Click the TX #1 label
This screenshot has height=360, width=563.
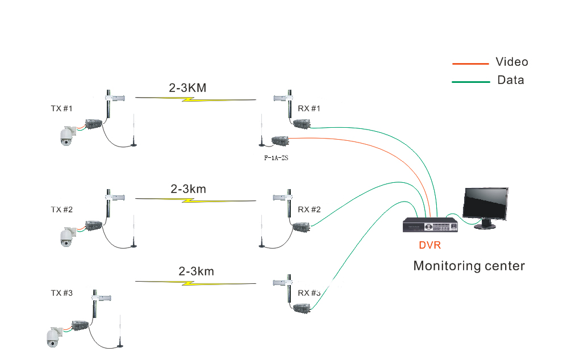pos(61,108)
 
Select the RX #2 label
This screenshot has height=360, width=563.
pos(309,210)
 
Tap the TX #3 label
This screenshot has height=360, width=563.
pos(62,293)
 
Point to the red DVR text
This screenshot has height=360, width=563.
pos(430,245)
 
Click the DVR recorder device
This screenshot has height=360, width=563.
pos(430,225)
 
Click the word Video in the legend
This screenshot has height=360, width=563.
pos(512,62)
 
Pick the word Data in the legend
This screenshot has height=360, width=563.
pos(511,80)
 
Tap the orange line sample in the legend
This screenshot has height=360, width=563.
pos(470,64)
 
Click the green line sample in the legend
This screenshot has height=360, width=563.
pos(471,82)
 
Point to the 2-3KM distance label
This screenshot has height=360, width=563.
pos(187,88)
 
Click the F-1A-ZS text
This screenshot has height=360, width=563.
pos(276,158)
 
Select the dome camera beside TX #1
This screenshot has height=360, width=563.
pos(68,136)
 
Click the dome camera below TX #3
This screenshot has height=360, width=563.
pos(54,337)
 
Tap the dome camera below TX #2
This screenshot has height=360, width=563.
pos(68,237)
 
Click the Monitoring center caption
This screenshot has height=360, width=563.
pos(469,266)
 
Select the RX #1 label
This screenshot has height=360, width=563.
pos(309,108)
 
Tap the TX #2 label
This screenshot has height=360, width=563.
pos(62,210)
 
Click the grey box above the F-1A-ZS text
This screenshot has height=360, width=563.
pos(281,141)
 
